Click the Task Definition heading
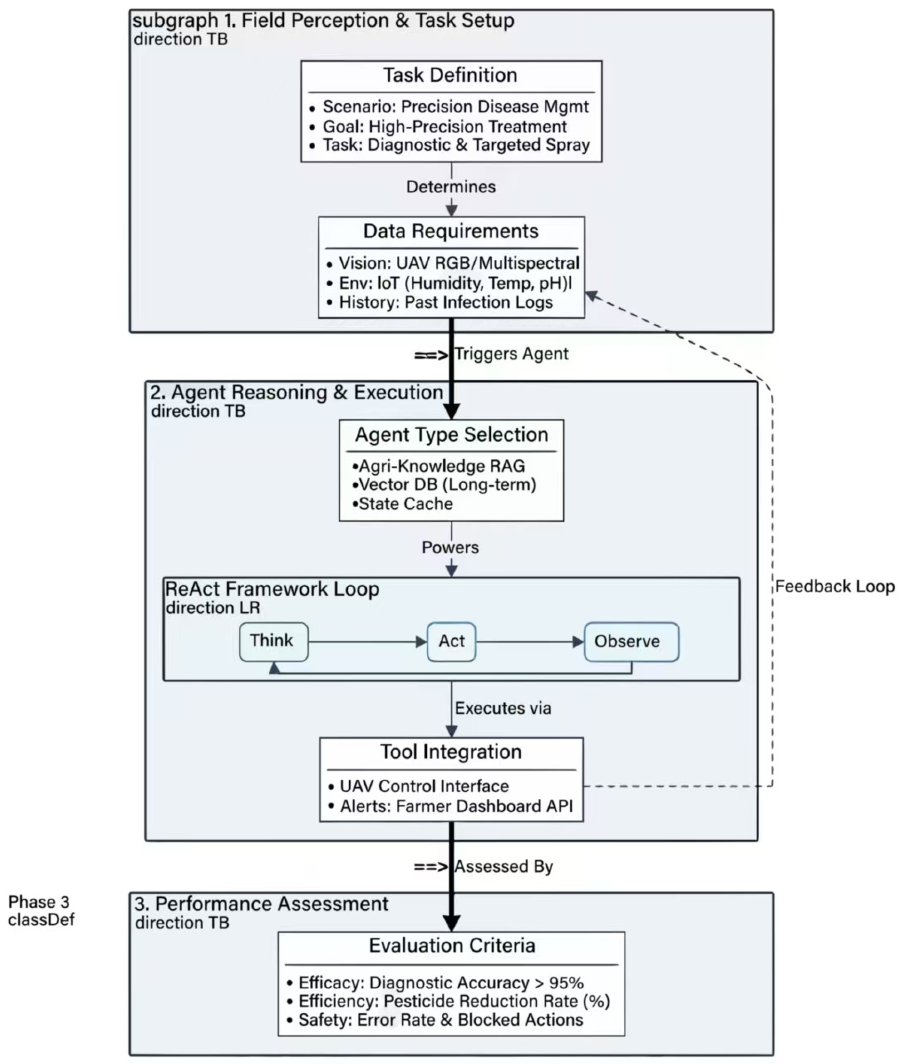[450, 76]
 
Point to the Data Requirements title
[451, 232]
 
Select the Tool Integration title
[451, 752]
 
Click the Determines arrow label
[451, 187]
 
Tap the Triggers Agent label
[511, 354]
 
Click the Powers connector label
[450, 547]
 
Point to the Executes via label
[503, 708]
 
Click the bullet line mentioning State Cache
[403, 504]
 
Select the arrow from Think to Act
[367, 642]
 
